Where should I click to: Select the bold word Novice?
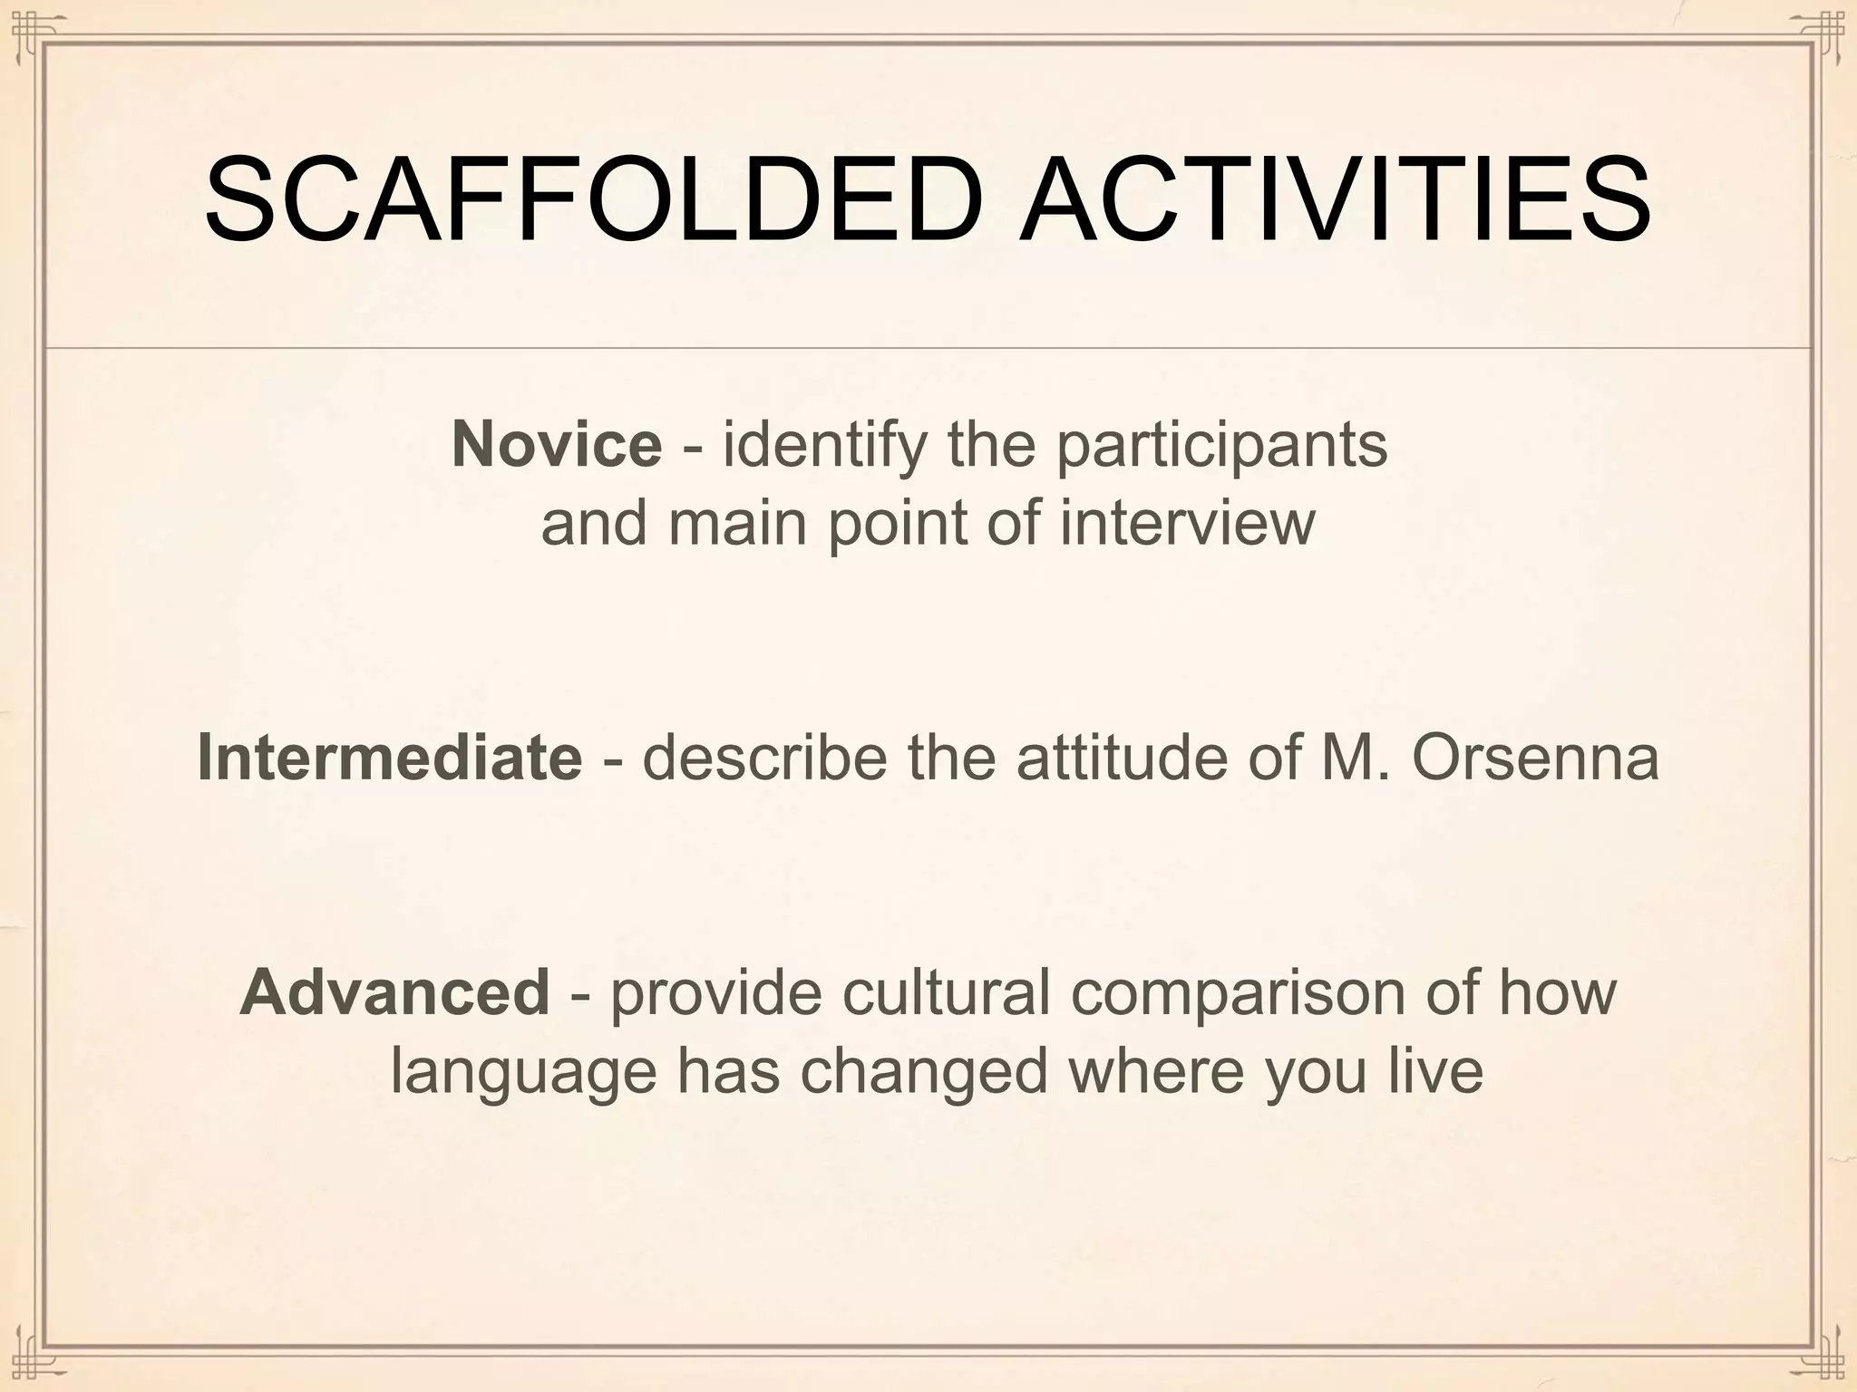[557, 444]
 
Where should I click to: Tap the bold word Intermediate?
[389, 757]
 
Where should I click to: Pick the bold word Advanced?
[394, 991]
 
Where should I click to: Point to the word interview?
[1187, 523]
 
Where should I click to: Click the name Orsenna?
[1534, 757]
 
